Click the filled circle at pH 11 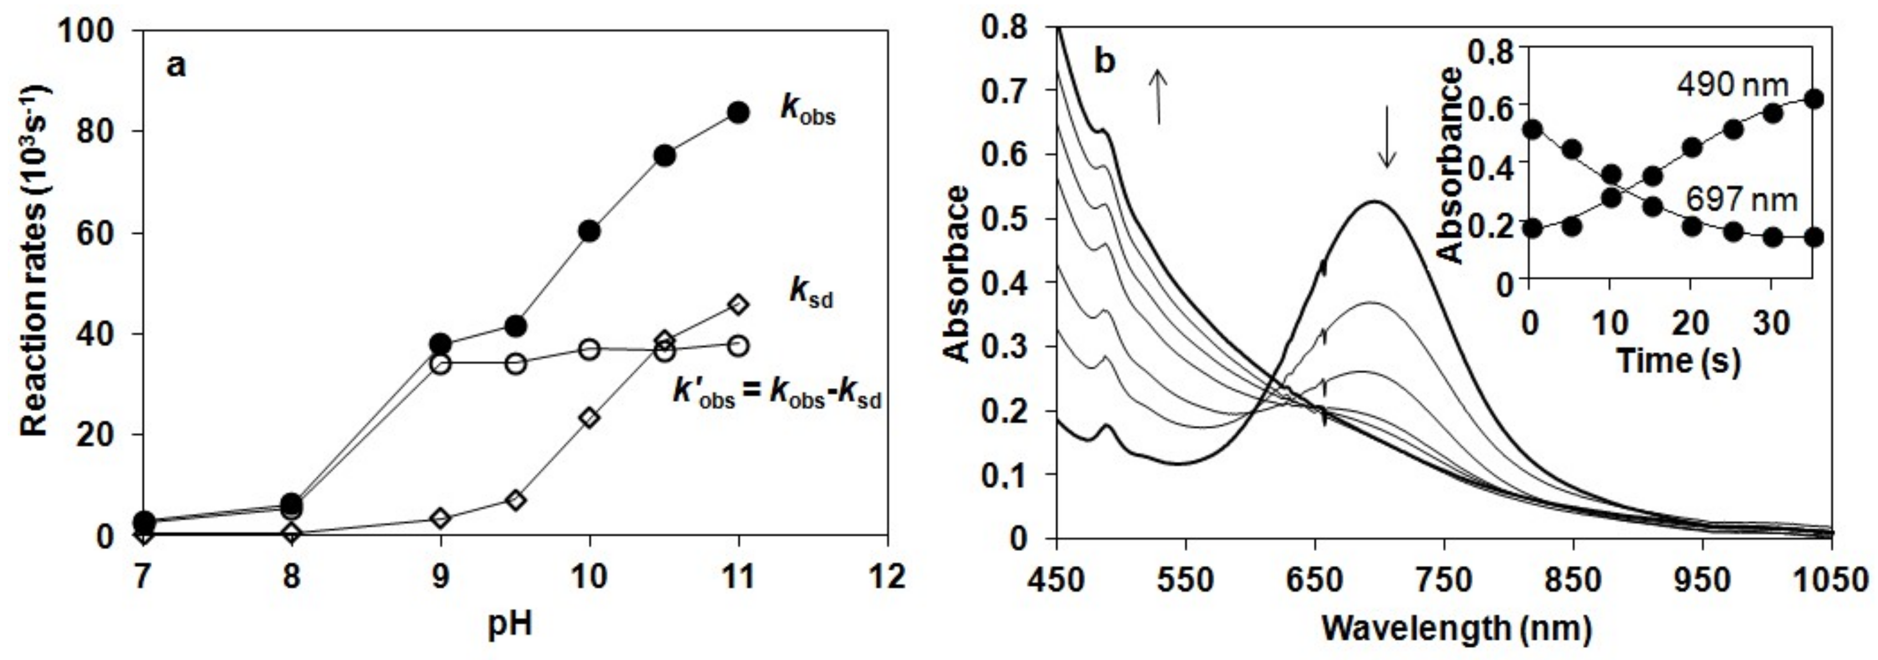738,112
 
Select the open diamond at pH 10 589,418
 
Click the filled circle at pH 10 589,231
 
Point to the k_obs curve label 808,110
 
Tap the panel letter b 1105,62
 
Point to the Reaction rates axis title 34,260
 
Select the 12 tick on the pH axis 887,577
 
